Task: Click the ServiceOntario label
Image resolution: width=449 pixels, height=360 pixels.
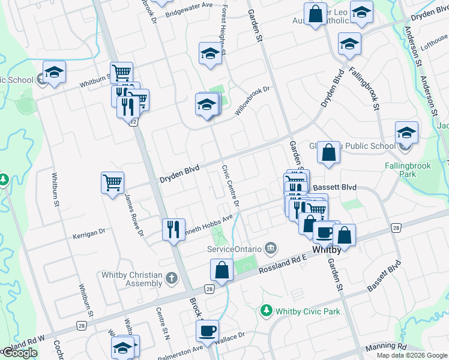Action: [234, 248]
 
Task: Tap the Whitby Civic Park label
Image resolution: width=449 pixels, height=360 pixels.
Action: [308, 311]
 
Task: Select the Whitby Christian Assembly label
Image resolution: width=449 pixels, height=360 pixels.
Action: [132, 279]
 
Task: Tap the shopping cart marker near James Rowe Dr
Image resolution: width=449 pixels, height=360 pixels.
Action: [113, 182]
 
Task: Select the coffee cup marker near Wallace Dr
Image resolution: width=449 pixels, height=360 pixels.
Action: [208, 331]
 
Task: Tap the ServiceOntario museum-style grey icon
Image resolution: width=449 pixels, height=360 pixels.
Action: [271, 248]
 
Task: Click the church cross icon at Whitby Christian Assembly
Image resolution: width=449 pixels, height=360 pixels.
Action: [172, 278]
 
